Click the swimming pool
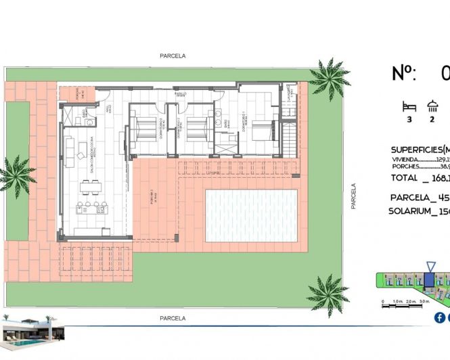(250, 216)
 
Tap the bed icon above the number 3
(408, 106)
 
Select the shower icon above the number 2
(432, 106)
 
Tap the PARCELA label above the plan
(172, 56)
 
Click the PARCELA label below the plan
(172, 317)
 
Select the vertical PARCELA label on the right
(353, 196)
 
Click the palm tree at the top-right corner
(329, 76)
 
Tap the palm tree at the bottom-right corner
(327, 294)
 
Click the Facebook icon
(440, 317)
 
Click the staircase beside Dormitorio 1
(289, 138)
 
